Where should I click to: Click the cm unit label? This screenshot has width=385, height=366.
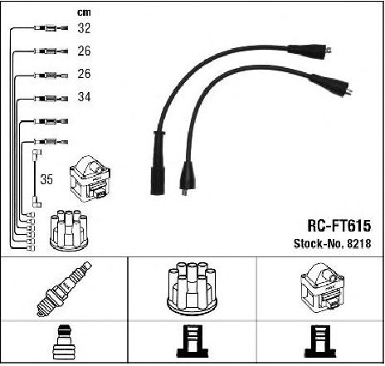point(84,12)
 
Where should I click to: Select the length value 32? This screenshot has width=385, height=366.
point(84,28)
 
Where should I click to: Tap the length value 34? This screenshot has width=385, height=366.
point(84,97)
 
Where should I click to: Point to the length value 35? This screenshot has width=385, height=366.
point(46,179)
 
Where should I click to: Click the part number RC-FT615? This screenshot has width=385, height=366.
point(339,226)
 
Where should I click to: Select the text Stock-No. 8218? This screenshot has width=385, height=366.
point(332,243)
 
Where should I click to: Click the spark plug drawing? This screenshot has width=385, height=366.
point(64,289)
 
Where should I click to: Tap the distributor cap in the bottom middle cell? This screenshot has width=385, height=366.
point(192,289)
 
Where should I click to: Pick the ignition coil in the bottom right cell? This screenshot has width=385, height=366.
point(322,288)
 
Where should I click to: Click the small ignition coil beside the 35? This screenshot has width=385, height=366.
point(90,178)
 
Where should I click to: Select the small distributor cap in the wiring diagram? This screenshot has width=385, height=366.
point(69,231)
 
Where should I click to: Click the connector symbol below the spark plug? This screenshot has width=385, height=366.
point(64,342)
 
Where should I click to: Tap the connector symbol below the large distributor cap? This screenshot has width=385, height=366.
point(192,341)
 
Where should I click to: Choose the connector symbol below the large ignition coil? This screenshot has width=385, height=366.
point(320,341)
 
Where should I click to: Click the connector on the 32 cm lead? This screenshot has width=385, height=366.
point(51,28)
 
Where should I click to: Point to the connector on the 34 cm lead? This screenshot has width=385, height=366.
point(51,99)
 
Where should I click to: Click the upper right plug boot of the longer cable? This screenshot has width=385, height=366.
point(309,51)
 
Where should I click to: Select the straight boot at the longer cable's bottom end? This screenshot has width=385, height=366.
point(158,163)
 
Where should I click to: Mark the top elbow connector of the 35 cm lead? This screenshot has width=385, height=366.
point(37,154)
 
